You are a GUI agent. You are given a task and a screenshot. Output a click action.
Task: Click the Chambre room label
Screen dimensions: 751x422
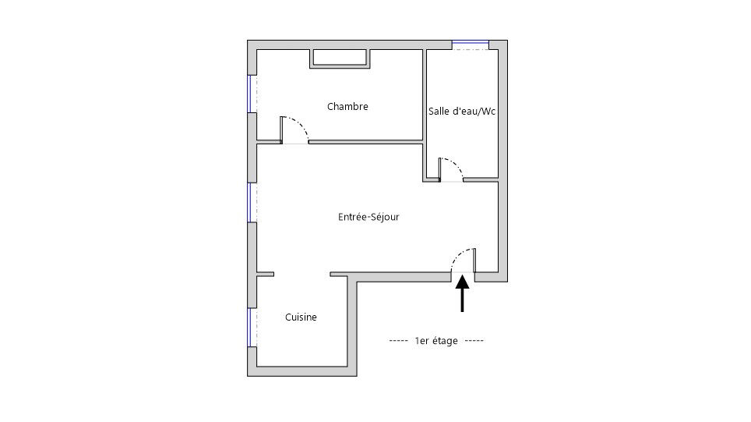[347, 106]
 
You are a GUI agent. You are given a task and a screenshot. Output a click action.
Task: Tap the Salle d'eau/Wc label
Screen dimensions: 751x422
[462, 112]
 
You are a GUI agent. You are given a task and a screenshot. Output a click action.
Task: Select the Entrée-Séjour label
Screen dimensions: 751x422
[368, 217]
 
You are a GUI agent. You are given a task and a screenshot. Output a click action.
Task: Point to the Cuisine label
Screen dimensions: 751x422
[301, 317]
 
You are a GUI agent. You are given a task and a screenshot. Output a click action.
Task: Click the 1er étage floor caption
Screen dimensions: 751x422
[436, 340]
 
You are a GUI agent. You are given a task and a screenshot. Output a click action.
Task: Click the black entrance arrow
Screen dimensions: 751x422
[462, 293]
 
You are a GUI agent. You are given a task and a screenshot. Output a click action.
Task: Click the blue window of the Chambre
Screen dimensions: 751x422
[249, 94]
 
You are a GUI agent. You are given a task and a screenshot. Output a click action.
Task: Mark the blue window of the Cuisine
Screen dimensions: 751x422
[249, 328]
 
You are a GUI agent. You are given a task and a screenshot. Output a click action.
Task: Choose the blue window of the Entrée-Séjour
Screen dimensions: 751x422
[249, 203]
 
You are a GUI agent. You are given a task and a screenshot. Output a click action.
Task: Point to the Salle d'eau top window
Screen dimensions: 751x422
[471, 45]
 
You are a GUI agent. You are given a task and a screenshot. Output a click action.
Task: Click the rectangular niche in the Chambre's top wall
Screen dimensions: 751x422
[340, 59]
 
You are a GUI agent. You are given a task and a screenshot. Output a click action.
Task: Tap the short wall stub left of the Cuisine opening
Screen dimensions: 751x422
[266, 275]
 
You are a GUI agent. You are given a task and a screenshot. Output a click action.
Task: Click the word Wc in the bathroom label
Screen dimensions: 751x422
[488, 112]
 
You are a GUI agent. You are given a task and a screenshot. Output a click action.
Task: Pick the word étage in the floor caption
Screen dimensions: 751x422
[445, 341]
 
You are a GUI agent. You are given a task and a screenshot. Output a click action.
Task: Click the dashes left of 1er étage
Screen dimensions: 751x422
[399, 340]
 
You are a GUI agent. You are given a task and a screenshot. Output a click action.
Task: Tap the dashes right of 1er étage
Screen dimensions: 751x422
[474, 340]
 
